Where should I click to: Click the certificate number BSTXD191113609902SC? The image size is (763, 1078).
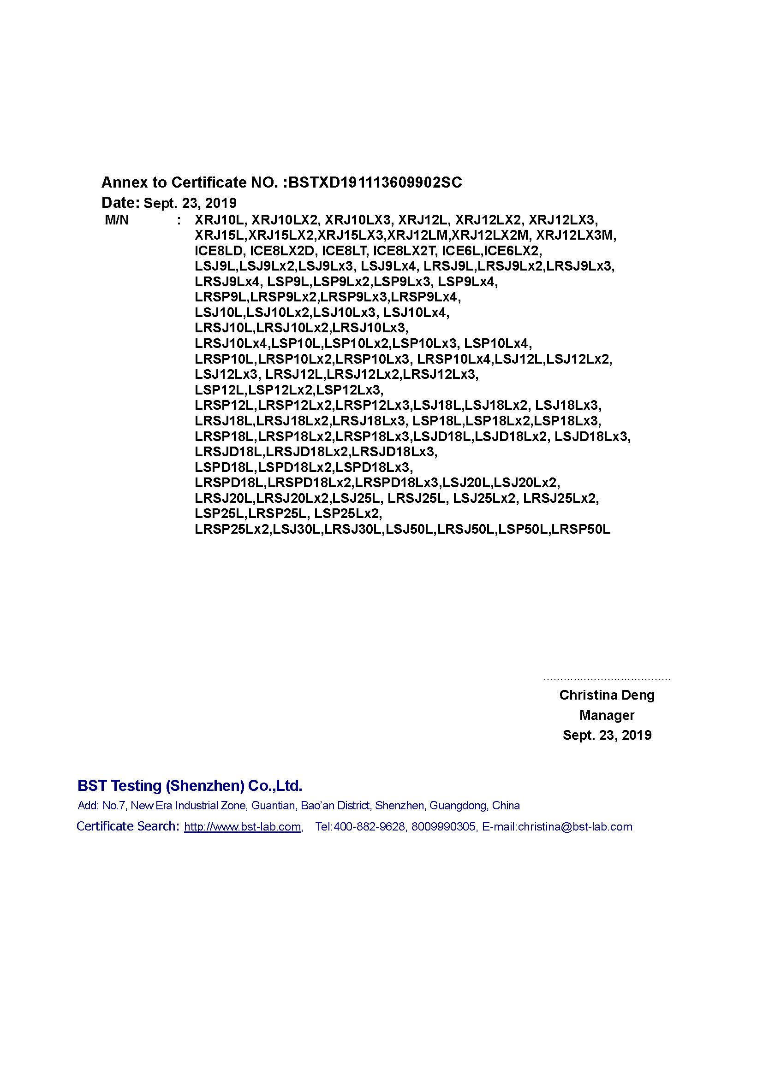375,182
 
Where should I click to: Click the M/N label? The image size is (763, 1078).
117,220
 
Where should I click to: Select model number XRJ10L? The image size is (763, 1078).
219,220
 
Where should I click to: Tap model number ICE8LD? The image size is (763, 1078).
219,251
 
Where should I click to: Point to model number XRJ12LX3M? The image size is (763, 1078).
576,235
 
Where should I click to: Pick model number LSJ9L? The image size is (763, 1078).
215,266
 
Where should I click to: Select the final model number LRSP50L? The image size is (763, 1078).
581,530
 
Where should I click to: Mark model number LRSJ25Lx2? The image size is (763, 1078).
560,499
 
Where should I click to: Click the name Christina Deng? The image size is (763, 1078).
607,695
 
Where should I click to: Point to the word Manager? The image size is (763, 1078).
607,716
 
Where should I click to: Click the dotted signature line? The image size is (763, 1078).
607,679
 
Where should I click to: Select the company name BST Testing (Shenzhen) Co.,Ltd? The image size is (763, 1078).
190,785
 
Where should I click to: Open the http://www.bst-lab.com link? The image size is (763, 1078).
243,827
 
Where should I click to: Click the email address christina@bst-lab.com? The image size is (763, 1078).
575,827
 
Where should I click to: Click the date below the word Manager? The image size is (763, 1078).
607,735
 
